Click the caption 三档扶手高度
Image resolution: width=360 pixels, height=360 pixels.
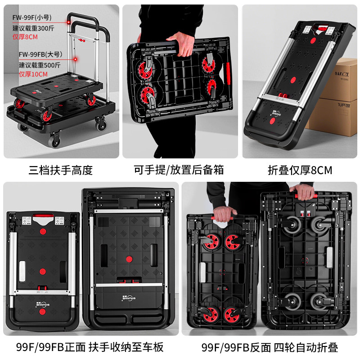coord(60,170)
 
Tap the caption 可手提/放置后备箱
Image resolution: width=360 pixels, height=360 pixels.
coord(179,170)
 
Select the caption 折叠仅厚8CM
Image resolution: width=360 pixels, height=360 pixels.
coord(300,170)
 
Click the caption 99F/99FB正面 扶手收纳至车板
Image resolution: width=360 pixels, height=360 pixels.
coord(90,347)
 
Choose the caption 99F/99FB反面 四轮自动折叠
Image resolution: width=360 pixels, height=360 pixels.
coord(270,347)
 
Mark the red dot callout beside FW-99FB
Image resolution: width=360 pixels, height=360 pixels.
coord(76,59)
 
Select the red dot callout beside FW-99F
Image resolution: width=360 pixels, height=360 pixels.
coord(68,22)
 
